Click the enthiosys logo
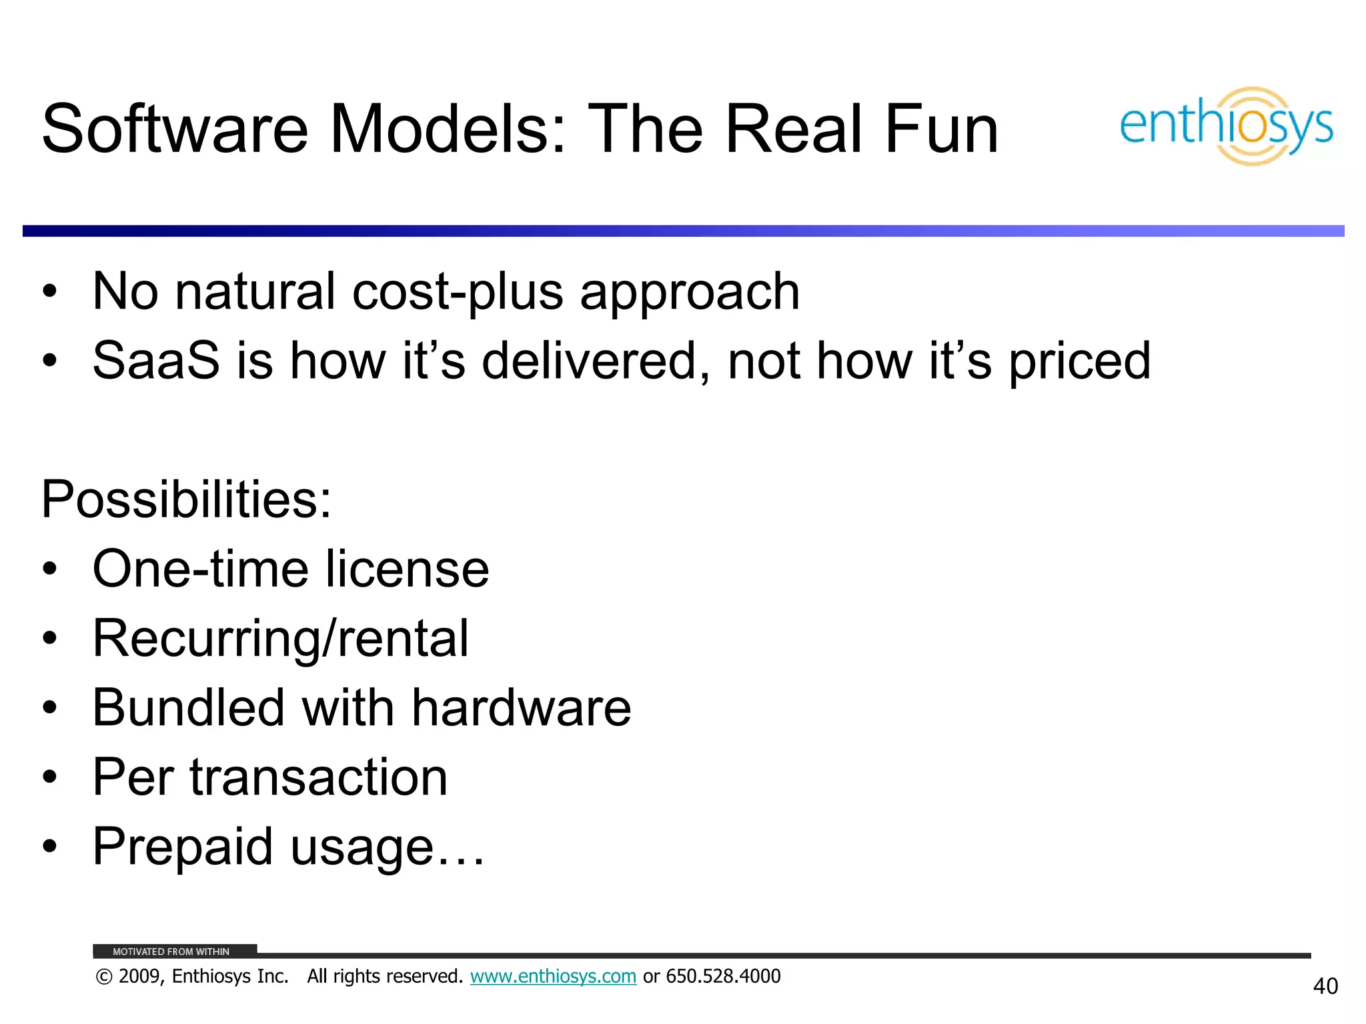coord(1226,126)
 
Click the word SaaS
coord(156,361)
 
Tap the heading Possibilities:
coord(186,499)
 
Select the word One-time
coord(200,569)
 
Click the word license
coord(408,569)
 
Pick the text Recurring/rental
coord(280,639)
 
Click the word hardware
coord(521,708)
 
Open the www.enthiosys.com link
coord(553,977)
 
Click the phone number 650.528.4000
coord(723,977)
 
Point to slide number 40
coord(1325,987)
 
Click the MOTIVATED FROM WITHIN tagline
coord(171,952)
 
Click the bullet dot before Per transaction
coord(49,777)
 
